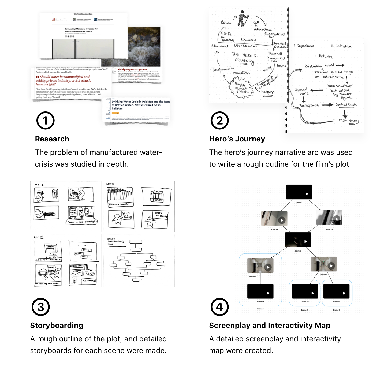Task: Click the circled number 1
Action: click(x=45, y=121)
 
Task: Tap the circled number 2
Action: click(x=219, y=121)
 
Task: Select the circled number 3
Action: click(x=40, y=307)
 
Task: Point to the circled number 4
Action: click(x=219, y=307)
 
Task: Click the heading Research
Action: click(x=52, y=139)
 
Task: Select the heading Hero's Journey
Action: click(x=237, y=139)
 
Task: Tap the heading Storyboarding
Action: click(x=57, y=326)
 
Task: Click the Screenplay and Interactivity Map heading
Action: click(x=270, y=326)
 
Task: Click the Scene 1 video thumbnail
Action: click(x=299, y=192)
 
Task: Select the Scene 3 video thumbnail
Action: click(x=298, y=240)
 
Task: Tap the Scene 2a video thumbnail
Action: click(x=274, y=218)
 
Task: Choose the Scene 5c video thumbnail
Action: click(x=336, y=291)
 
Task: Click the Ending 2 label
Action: click(x=304, y=310)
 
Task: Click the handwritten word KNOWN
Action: click(x=248, y=40)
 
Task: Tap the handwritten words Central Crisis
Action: click(x=346, y=104)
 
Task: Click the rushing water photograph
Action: click(x=144, y=47)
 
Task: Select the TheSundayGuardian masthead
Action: click(x=83, y=14)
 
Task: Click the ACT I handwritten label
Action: click(x=39, y=185)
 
